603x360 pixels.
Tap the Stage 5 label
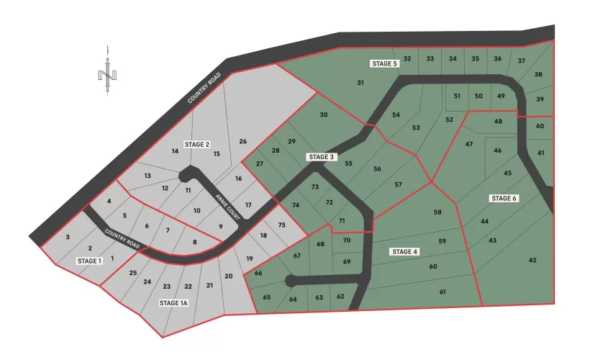[x=385, y=63]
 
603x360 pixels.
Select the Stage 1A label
[x=173, y=303]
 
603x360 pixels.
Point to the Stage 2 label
[x=196, y=144]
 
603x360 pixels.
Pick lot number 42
[x=532, y=260]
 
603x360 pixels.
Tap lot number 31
[x=361, y=83]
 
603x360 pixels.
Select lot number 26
[x=243, y=141]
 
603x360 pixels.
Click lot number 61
[x=443, y=292]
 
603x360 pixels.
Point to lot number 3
[x=68, y=237]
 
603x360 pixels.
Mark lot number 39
[x=540, y=99]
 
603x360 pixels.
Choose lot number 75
[x=281, y=225]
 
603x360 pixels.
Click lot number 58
[x=437, y=212]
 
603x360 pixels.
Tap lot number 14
[x=174, y=151]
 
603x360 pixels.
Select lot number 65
[x=266, y=297]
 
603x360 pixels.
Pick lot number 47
[x=469, y=145]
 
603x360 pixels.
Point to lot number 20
[x=229, y=276]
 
